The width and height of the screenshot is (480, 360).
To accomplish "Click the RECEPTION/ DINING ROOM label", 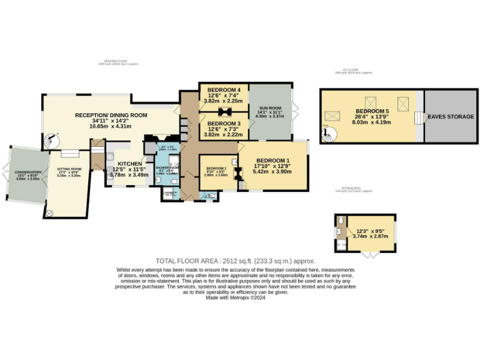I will tap(111, 115).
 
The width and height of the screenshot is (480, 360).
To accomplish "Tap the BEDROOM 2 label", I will tap(215, 168).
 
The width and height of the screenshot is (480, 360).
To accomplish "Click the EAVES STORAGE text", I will tap(450, 117).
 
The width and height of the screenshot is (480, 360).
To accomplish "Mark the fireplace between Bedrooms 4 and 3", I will tap(225, 112).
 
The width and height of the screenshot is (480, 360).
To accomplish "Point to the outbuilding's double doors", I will tap(372, 255).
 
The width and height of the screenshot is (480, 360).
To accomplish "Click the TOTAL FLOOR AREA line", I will tap(236, 261).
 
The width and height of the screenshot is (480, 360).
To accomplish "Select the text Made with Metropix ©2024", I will tap(236, 297).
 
